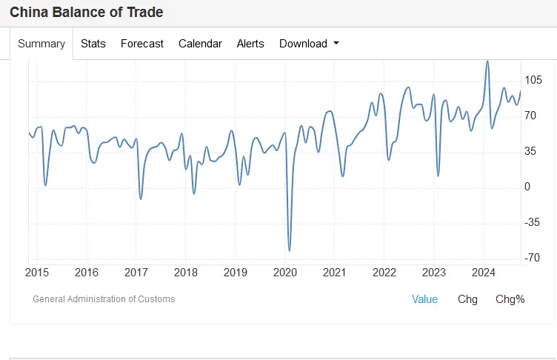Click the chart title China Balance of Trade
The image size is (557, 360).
pos(87,13)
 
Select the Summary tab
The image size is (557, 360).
pos(41,44)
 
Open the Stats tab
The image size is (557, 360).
pos(93,44)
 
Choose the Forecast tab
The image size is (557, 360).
pos(142,44)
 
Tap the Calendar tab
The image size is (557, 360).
pos(200,44)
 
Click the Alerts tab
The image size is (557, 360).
pos(250,44)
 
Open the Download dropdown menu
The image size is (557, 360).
pos(309,44)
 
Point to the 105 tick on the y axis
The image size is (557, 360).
pos(533,80)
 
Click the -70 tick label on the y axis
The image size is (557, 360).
pos(533,258)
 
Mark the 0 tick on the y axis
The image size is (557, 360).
pos(527,187)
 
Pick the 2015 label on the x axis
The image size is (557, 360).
pos(37,272)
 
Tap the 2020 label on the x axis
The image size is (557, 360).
pos(285,272)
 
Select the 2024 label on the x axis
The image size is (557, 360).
pos(484,272)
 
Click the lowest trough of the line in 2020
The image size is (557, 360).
pos(289,250)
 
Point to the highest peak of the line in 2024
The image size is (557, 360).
pos(487,61)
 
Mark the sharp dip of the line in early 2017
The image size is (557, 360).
pos(141,199)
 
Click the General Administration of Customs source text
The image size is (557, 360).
pos(104,299)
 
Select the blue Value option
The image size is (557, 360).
pos(424,299)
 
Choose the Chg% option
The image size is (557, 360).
pos(510,299)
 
